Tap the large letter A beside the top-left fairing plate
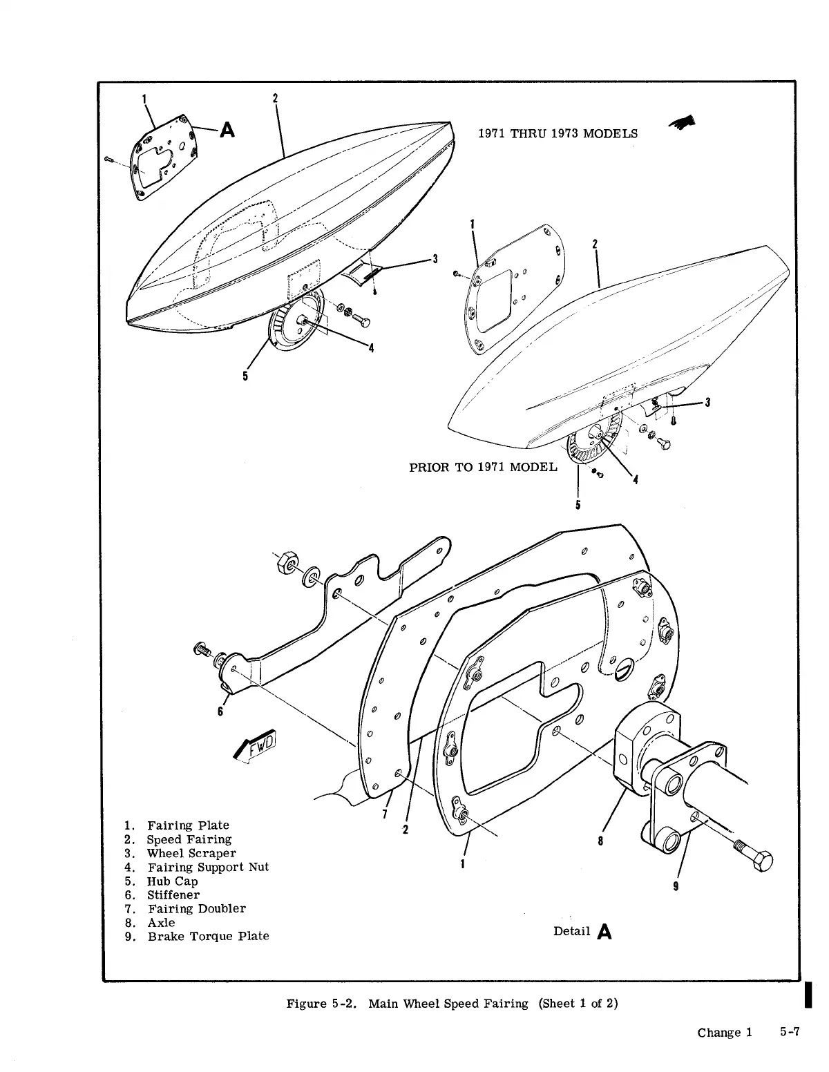[227, 129]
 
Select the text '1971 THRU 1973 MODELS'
[558, 133]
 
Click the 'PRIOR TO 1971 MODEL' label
[483, 467]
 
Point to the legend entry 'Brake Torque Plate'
[208, 937]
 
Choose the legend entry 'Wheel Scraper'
[191, 854]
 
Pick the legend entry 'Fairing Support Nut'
[208, 868]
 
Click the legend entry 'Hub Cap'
[172, 881]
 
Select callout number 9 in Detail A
[676, 887]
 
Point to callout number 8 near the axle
[600, 841]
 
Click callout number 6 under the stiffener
[220, 712]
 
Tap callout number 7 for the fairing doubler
[384, 812]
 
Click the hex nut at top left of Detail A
[284, 564]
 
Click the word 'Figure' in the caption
[306, 1004]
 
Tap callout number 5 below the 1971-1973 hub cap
[245, 376]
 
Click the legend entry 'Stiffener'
[173, 895]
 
